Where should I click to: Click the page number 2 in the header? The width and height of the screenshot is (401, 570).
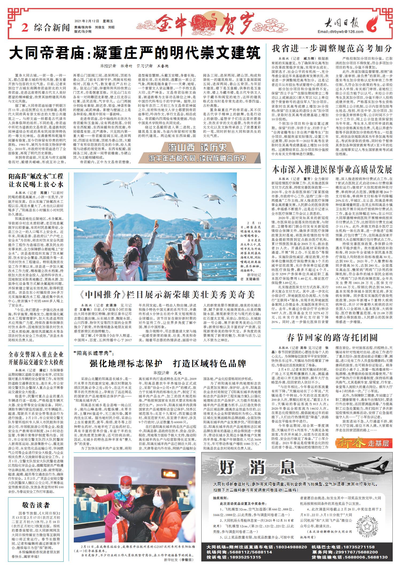tap(25, 28)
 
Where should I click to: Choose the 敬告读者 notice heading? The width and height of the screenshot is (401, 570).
tap(36, 505)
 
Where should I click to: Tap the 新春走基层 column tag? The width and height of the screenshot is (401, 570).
tap(365, 443)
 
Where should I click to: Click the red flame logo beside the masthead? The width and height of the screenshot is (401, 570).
tap(373, 25)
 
